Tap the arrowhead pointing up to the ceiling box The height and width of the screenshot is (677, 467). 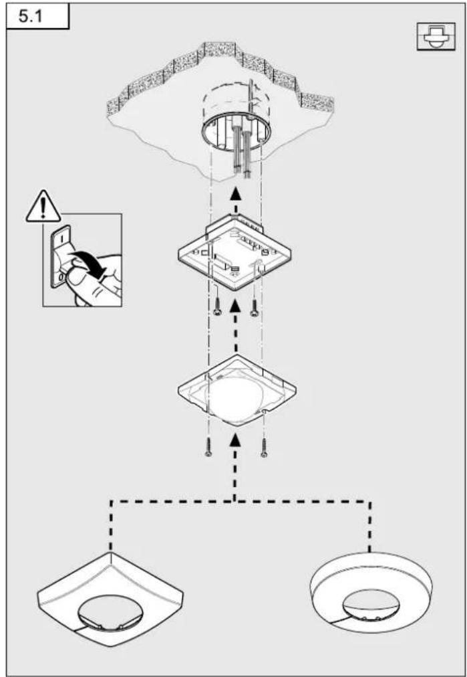click(235, 193)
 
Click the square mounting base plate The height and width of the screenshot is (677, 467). click(235, 255)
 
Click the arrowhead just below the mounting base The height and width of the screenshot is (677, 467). click(235, 307)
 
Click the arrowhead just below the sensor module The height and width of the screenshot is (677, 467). click(235, 440)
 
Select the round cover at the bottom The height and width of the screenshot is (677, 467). click(371, 591)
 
